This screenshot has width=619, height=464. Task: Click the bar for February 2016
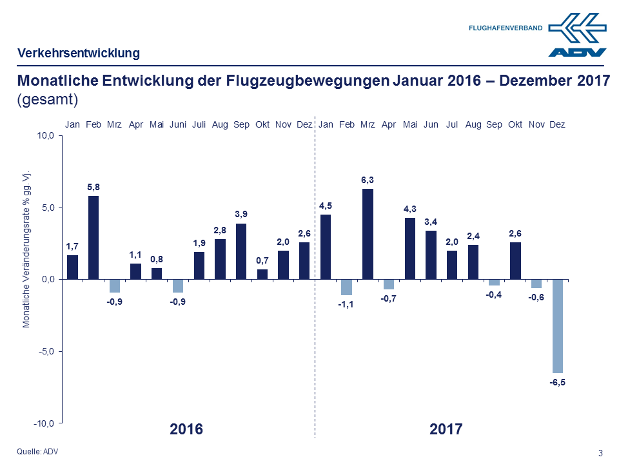tap(93, 238)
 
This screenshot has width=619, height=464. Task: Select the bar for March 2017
tap(368, 234)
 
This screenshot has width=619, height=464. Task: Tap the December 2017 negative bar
tap(557, 326)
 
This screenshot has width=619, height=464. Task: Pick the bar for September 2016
tap(241, 251)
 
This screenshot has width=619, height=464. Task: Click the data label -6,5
tap(557, 382)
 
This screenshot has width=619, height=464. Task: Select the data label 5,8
tap(93, 187)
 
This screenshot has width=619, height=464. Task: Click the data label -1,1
tap(346, 304)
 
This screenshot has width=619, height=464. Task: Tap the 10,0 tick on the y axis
tap(48, 136)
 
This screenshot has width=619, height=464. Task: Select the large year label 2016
tap(186, 429)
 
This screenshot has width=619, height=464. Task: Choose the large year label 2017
tap(446, 429)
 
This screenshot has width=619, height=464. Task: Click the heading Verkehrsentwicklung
tap(78, 53)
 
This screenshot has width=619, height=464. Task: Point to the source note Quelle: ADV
tap(37, 451)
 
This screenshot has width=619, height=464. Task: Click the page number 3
tap(600, 452)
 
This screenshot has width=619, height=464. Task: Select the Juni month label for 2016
tap(178, 124)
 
